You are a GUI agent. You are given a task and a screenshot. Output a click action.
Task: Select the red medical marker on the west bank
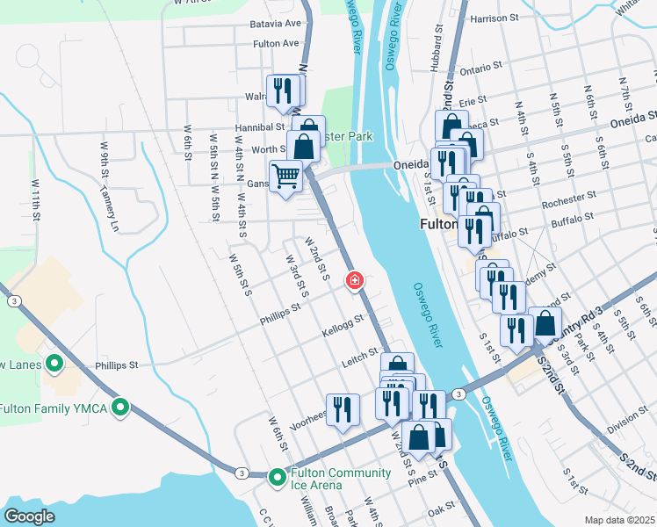(354, 281)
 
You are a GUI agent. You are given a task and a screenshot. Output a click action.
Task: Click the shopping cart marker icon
(285, 177)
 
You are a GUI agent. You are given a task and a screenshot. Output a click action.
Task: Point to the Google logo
(29, 516)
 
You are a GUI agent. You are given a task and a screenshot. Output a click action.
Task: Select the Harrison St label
(501, 18)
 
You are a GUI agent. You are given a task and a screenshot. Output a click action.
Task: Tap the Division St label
(626, 421)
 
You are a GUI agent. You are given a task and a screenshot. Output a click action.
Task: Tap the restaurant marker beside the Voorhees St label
(342, 408)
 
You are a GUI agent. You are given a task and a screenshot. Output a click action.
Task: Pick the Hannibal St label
(256, 126)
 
